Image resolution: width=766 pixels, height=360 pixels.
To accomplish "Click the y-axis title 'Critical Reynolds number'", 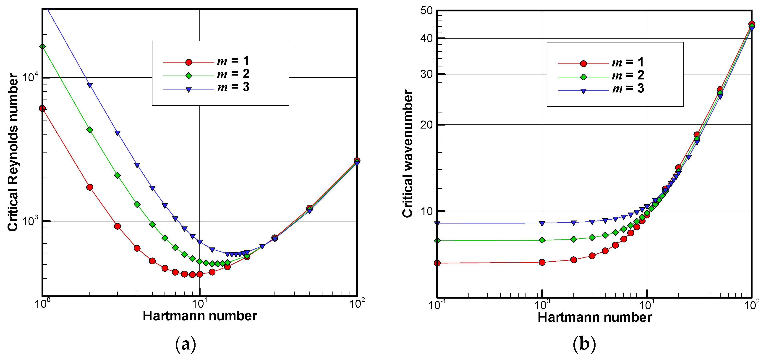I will pos(13,152).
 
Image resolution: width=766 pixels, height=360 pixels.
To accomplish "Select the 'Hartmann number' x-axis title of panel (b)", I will pos(595,317).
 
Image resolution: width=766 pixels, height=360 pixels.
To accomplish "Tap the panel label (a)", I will pos(186,344).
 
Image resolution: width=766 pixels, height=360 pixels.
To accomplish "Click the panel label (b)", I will pos(584,344).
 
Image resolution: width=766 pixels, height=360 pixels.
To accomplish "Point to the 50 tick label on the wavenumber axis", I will pos(426,11).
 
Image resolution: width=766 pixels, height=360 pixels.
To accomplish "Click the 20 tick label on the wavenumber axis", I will pos(426,125).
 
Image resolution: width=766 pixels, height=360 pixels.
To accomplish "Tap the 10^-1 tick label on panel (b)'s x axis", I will pos(437,305).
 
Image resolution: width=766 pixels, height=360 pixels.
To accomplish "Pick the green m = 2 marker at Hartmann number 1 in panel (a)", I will pos(42,46).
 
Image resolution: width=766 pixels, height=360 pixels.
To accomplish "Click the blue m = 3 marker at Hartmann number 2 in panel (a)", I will pos(89,85).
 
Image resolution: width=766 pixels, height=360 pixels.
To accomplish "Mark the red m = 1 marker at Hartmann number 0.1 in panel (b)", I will pos(437,263).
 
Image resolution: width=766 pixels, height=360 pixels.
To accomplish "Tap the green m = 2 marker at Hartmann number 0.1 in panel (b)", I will pos(437,240).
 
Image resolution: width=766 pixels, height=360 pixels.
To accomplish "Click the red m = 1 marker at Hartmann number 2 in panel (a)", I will pos(89,187).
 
